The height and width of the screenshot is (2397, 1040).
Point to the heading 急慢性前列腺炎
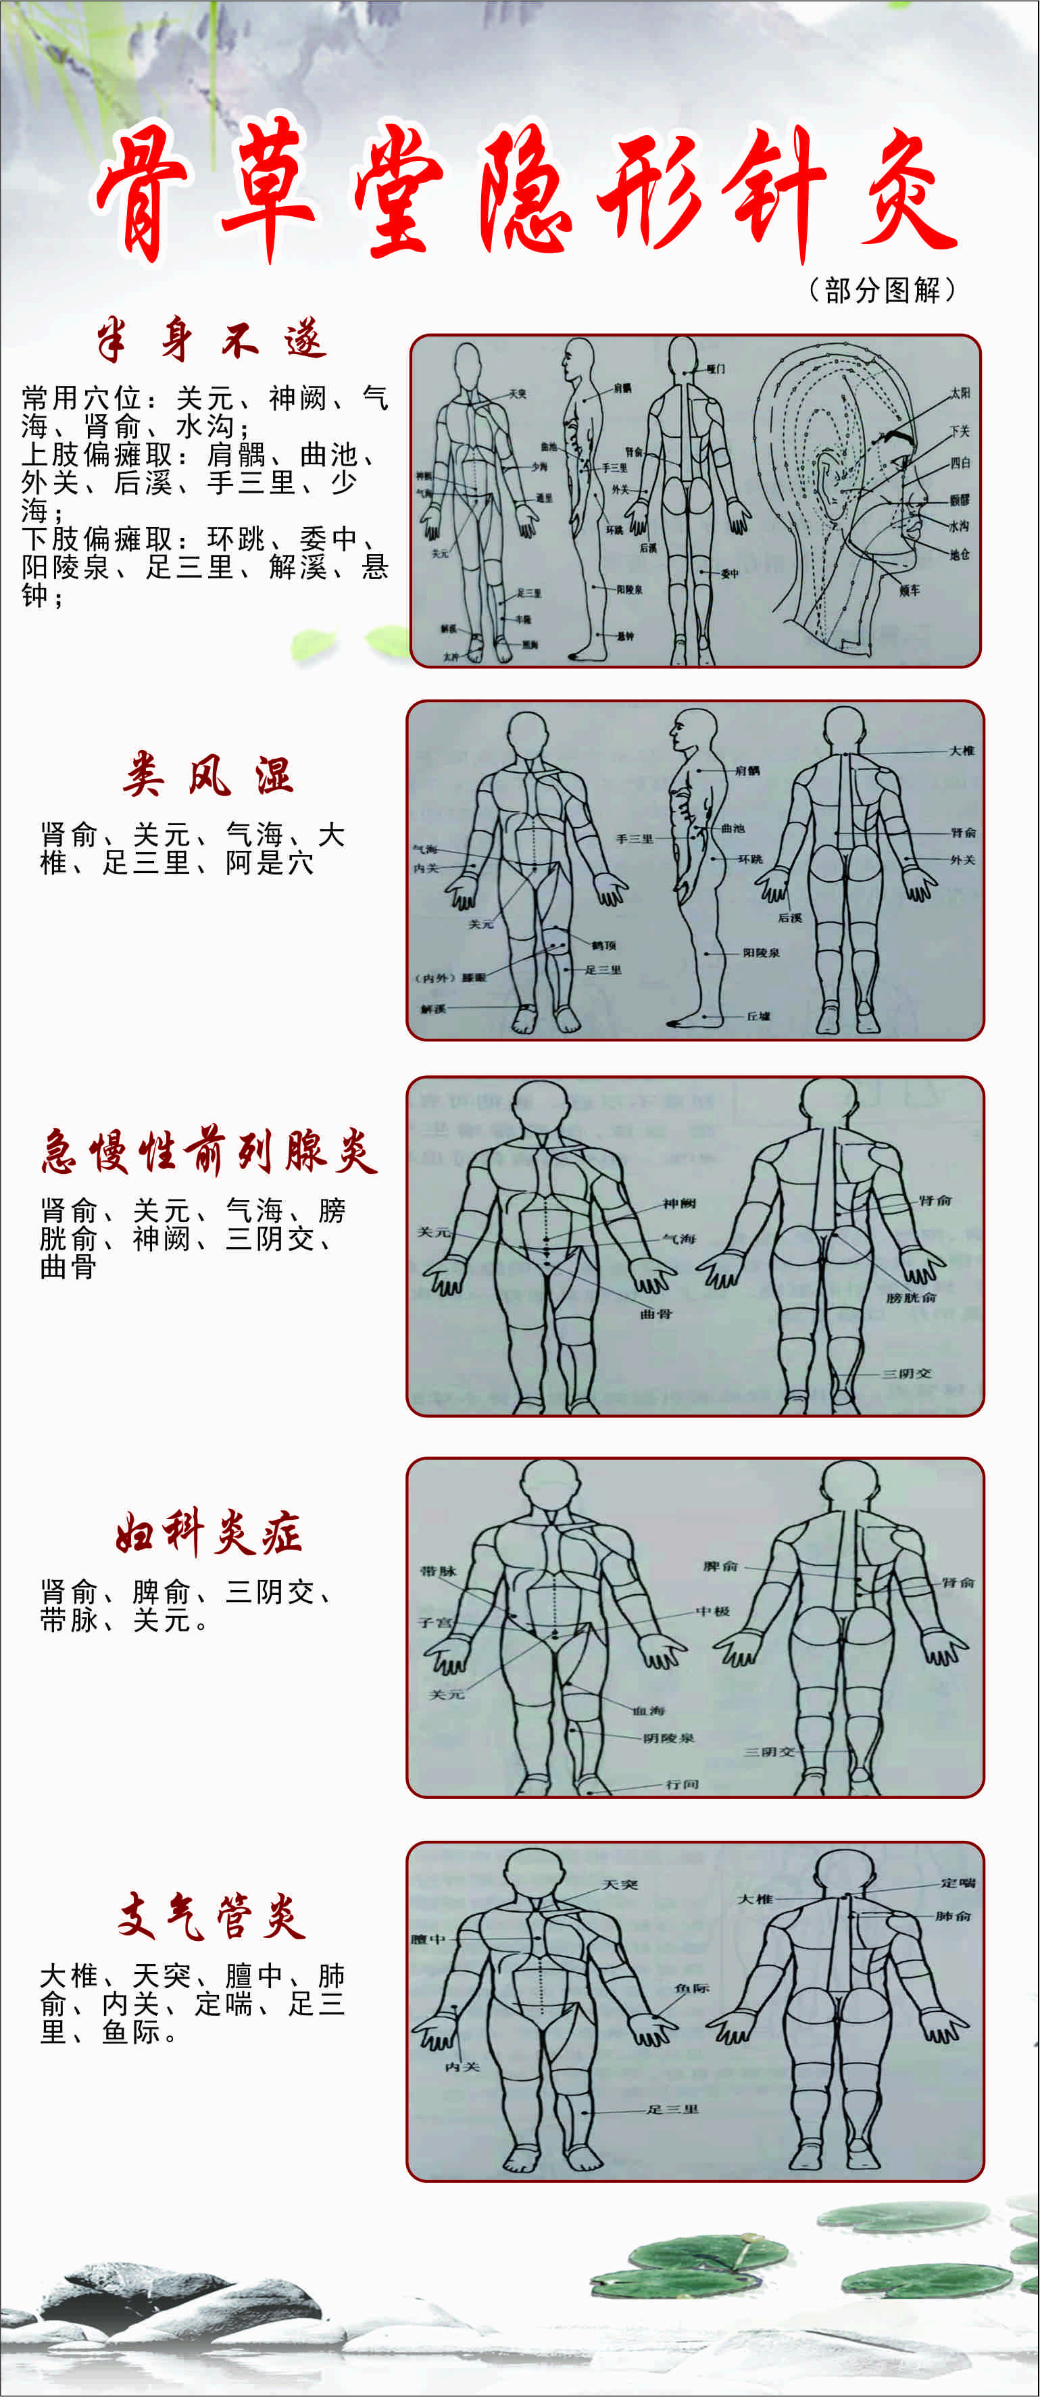[209, 1152]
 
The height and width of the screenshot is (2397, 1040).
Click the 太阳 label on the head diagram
[959, 393]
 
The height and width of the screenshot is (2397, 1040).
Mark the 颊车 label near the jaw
[909, 590]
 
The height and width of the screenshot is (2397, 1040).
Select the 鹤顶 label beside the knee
[603, 945]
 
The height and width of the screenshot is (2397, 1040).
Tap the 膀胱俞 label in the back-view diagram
[911, 1297]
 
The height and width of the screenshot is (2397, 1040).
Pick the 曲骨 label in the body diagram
[655, 1314]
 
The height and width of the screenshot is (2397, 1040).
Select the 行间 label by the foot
[682, 1784]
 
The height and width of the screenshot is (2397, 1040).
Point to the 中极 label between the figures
[712, 1610]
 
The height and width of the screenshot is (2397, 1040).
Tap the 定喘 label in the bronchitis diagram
[957, 1883]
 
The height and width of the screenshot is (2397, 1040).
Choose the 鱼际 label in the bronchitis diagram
[691, 1989]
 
